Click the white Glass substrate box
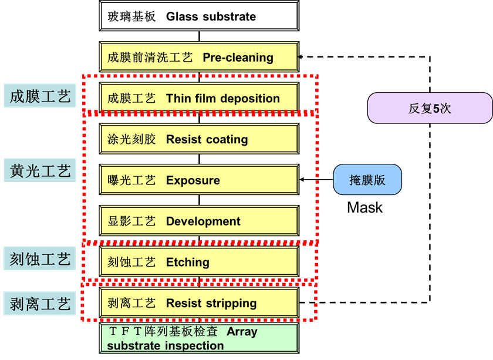tap(199, 16)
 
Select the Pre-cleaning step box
tap(199, 58)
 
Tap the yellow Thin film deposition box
tap(199, 98)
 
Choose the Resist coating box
tap(199, 139)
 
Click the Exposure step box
tap(199, 180)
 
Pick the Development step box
tap(199, 221)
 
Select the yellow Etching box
tap(199, 262)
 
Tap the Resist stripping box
tap(199, 303)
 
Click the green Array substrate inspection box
tap(199, 338)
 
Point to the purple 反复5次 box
tap(430, 108)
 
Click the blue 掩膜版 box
tap(367, 180)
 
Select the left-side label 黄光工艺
tap(40, 171)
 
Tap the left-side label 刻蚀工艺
tap(40, 259)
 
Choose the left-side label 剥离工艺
tap(40, 304)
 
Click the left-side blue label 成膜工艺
tap(40, 96)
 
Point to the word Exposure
tap(193, 180)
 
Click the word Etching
tap(188, 262)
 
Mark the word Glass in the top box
tap(182, 16)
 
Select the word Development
tap(203, 221)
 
